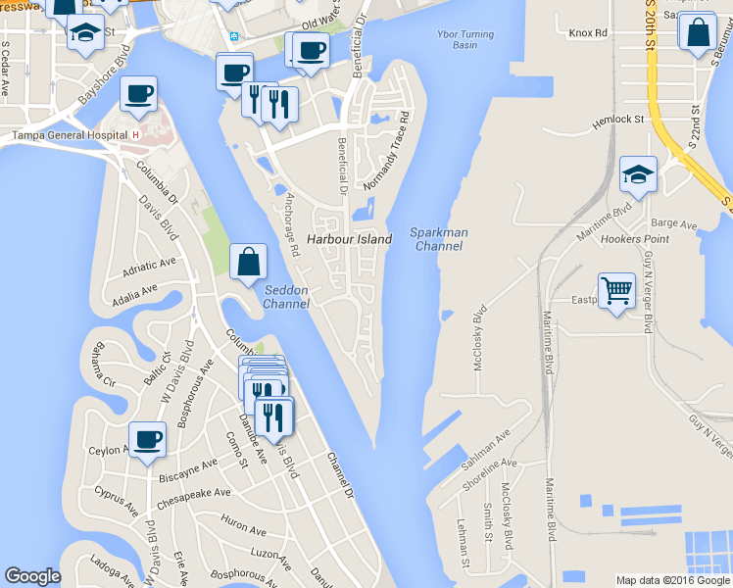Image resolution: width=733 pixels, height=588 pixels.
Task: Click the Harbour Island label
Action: click(349, 239)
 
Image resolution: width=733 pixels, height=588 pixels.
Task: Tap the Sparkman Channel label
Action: click(439, 239)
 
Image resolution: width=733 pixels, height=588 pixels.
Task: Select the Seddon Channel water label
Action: click(286, 297)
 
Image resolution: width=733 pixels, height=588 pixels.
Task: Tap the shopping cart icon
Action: click(616, 290)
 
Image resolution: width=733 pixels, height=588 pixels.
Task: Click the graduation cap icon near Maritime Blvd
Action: click(638, 175)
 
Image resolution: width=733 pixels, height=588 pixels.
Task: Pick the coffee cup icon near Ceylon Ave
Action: click(147, 439)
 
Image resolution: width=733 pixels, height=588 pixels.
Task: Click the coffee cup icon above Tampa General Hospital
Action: click(138, 94)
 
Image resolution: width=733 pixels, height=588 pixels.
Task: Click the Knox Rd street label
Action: click(588, 32)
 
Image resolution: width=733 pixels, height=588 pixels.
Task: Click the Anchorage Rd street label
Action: click(291, 224)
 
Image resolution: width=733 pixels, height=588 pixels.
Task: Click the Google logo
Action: click(32, 576)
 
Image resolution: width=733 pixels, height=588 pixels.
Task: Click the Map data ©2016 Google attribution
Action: click(672, 580)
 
